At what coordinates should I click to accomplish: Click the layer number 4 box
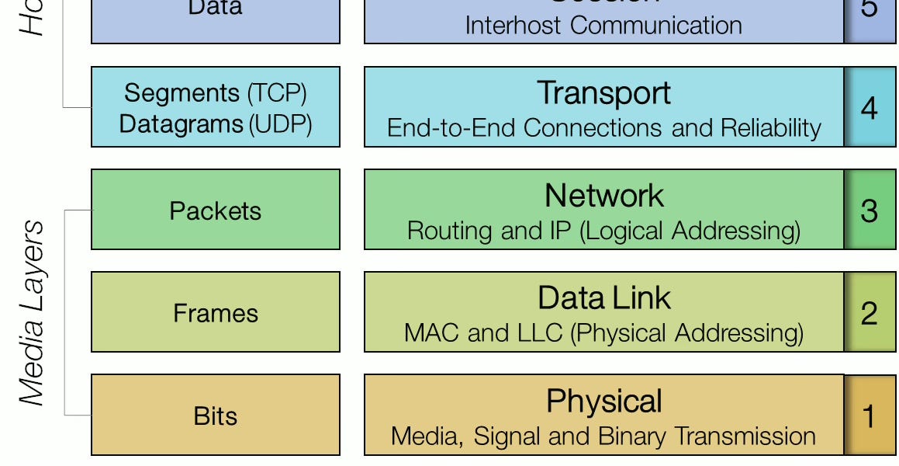click(870, 107)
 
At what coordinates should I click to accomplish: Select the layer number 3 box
click(870, 210)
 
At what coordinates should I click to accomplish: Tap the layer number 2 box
click(870, 312)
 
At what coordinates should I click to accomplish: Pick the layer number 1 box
click(870, 416)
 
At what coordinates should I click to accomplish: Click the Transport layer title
click(603, 93)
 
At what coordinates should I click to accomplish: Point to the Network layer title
click(603, 195)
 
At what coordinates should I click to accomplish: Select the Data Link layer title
click(603, 298)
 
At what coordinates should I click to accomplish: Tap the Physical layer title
click(603, 401)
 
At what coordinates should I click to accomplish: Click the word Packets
click(215, 210)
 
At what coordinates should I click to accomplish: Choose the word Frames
click(215, 313)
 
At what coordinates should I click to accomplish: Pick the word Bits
click(215, 416)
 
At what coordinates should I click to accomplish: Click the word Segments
click(182, 93)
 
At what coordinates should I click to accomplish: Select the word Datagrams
click(181, 123)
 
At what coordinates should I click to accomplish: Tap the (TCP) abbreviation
click(277, 93)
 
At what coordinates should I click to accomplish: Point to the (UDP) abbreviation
click(280, 123)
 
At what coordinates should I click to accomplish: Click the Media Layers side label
click(33, 312)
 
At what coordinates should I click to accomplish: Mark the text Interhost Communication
click(603, 25)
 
